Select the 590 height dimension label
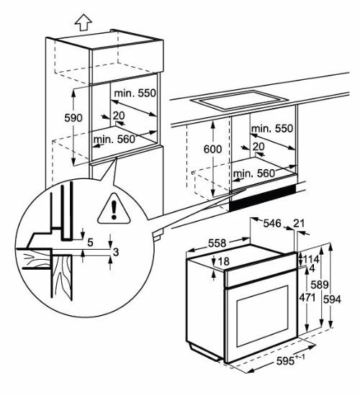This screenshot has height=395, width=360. coord(73,117)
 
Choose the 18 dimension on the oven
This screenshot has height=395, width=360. coord(223,261)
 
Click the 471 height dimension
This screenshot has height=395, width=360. coord(307,297)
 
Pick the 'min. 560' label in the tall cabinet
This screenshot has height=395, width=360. coord(114,138)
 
